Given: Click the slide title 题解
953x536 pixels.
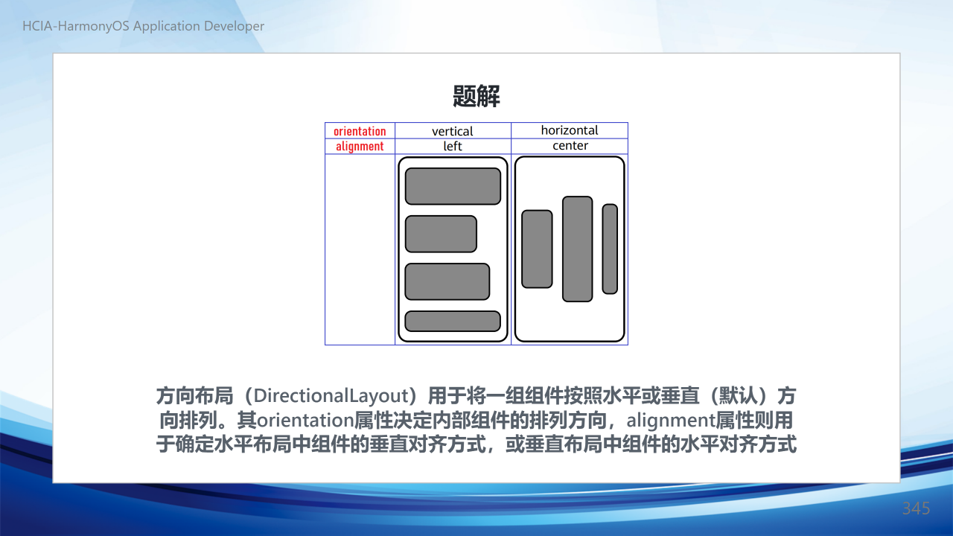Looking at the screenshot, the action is coord(476,96).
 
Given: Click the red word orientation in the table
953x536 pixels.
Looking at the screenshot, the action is coord(360,131).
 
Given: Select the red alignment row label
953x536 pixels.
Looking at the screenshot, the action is coord(360,147).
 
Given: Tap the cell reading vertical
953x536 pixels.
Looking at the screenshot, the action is coord(452,131).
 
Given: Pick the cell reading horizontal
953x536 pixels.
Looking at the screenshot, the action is coord(570,130).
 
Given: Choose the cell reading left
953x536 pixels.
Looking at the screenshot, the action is coord(452,146).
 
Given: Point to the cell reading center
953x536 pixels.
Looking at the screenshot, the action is coord(570,145).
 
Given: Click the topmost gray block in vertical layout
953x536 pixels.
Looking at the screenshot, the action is coord(453,186).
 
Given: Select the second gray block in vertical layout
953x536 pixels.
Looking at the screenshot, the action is coord(441,234).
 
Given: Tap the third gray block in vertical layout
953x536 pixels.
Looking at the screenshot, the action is coord(447,281).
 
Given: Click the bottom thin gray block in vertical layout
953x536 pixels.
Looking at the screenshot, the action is coord(453,321).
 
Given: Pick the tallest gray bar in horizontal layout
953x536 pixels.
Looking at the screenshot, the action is coord(577,249).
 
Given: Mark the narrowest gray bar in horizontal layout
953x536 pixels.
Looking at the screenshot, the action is coord(610,249).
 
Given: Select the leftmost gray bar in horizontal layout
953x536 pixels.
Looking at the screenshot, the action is coord(537,249).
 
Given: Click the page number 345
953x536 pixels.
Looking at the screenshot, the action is coord(916,508).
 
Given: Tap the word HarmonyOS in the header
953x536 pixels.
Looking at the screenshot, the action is coord(93,26).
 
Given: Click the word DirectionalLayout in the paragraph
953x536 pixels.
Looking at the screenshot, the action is coord(331,395).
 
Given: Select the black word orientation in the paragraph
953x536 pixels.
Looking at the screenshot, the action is coord(305,421).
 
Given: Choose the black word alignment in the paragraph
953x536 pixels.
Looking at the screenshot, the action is coord(671,421).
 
